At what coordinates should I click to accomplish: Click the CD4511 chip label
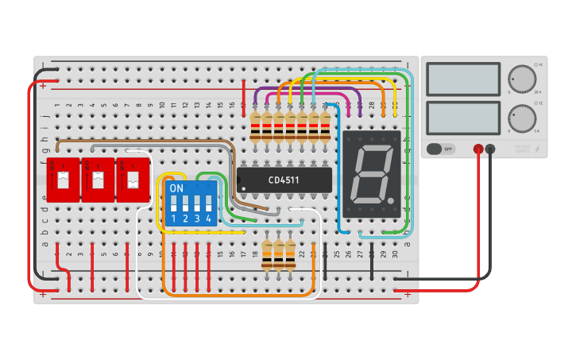(x=283, y=180)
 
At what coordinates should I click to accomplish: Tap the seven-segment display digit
(x=371, y=174)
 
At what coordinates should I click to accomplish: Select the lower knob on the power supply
(x=521, y=118)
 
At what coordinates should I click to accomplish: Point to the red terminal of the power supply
(x=478, y=149)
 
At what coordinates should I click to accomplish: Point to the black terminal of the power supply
(x=490, y=149)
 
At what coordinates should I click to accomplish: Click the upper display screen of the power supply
(x=463, y=79)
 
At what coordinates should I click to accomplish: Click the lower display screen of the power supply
(x=463, y=118)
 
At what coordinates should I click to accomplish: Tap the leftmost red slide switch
(x=62, y=179)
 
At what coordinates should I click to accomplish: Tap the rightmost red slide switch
(x=132, y=179)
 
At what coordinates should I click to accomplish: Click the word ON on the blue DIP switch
(x=176, y=189)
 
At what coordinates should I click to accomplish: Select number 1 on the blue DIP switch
(x=173, y=218)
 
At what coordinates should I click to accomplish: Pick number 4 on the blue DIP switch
(x=208, y=218)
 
